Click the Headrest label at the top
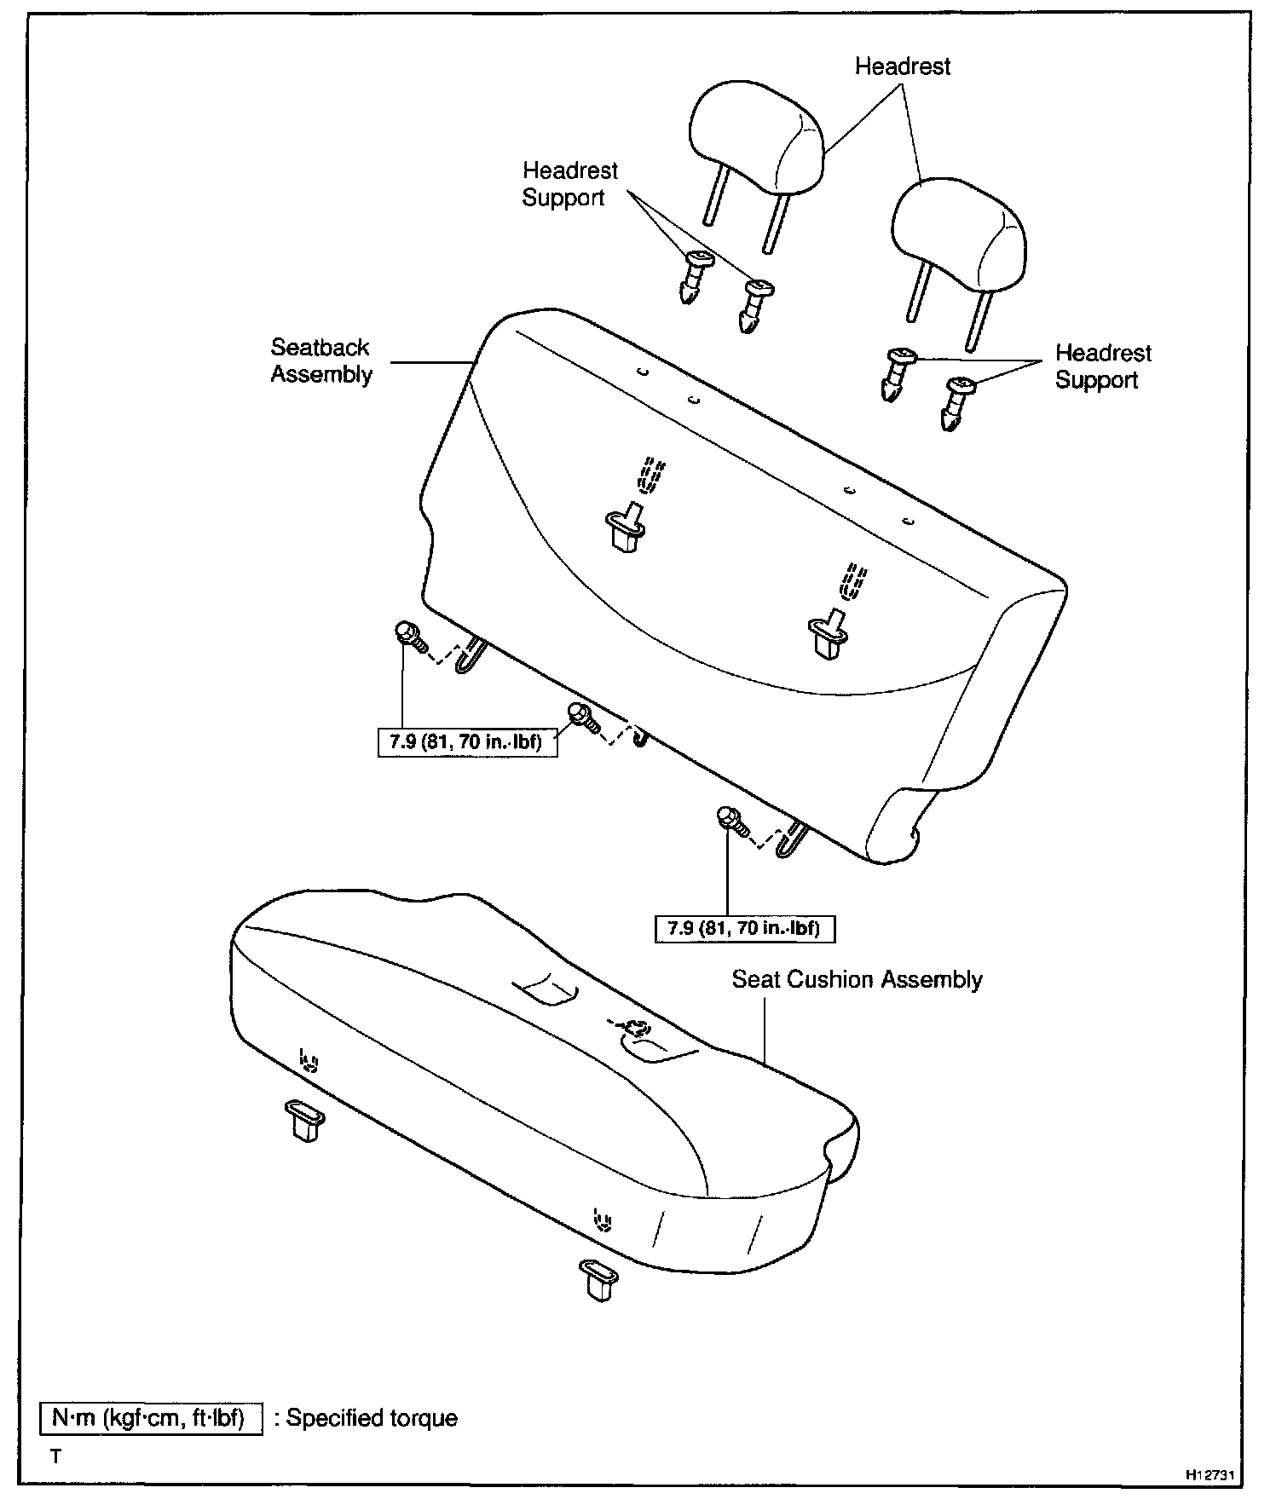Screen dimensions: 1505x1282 point(902,66)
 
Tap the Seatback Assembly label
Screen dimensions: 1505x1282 point(320,360)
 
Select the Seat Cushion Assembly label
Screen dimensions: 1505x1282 point(857,979)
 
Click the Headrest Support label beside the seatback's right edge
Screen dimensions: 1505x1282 point(1102,366)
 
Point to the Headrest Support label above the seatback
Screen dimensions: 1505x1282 point(569,184)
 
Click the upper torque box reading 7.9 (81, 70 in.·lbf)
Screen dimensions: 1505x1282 point(466,742)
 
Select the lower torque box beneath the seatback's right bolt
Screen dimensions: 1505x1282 point(744,928)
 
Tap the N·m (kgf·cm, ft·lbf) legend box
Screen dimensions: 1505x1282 point(151,1417)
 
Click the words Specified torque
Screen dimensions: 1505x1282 point(372,1418)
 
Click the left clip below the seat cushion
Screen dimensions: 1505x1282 point(304,1119)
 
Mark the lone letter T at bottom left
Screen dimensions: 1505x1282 point(56,1456)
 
